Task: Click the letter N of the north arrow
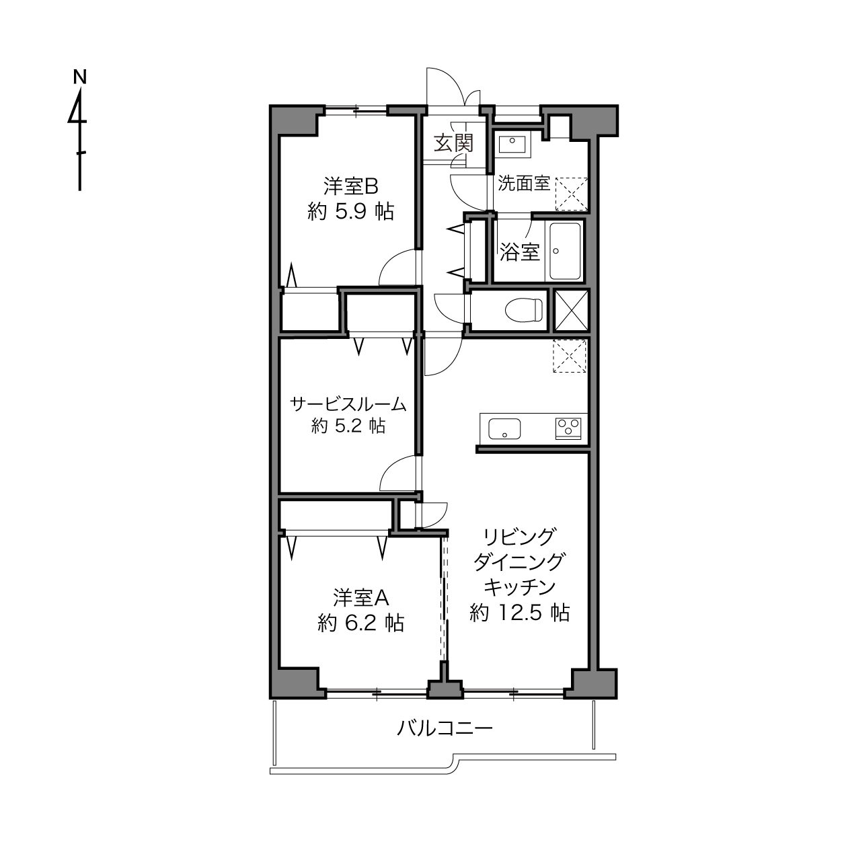[80, 77]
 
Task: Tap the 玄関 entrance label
[453, 143]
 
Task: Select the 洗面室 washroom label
[524, 184]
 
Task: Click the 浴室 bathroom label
[520, 252]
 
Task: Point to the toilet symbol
[523, 310]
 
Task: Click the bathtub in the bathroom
[565, 251]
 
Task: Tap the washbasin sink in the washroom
[512, 143]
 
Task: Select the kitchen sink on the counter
[504, 428]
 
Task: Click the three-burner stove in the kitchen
[568, 428]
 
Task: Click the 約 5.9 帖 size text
[351, 212]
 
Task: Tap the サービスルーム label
[348, 404]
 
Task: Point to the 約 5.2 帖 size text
[348, 425]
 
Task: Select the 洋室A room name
[361, 598]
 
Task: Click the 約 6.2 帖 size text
[361, 623]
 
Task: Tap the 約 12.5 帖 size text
[520, 613]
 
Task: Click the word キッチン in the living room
[520, 587]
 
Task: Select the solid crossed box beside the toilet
[572, 310]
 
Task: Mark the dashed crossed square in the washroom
[572, 194]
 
